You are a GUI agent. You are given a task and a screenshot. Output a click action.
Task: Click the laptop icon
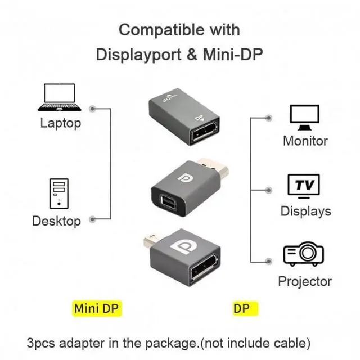tap(59, 97)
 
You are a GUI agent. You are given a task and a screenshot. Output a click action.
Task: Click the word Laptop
tap(60, 123)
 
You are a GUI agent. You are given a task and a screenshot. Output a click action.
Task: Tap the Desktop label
tap(56, 221)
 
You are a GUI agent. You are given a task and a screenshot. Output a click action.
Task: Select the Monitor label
tap(305, 141)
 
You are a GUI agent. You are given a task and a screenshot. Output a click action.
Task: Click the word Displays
tap(305, 211)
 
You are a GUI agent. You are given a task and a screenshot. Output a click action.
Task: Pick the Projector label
tap(305, 281)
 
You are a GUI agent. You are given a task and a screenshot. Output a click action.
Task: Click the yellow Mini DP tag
tap(97, 308)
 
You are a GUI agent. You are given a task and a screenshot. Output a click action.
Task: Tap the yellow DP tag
tap(241, 308)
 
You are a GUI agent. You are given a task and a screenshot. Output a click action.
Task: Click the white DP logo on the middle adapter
tap(184, 179)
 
